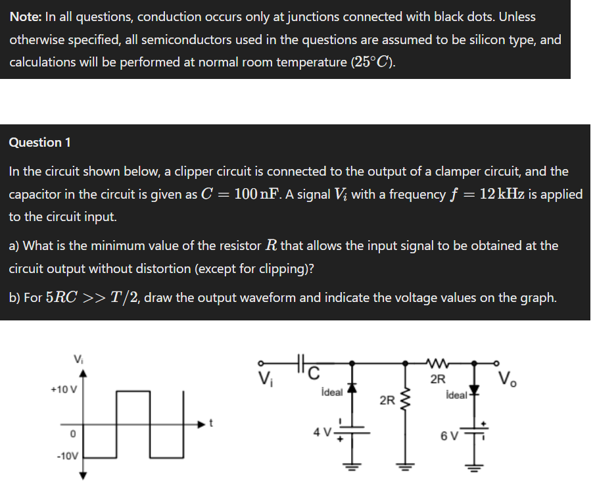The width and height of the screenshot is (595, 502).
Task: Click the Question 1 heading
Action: click(x=39, y=142)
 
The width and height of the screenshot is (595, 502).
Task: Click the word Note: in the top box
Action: click(x=26, y=16)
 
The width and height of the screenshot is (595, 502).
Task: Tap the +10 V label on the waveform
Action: click(x=64, y=389)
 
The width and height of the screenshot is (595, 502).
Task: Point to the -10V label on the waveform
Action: click(x=67, y=456)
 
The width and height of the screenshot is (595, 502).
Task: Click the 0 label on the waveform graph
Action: click(x=73, y=434)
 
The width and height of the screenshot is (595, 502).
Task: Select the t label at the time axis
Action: click(x=211, y=423)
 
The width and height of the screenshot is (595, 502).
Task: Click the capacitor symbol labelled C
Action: click(x=301, y=363)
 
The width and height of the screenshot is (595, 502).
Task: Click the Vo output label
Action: click(x=508, y=378)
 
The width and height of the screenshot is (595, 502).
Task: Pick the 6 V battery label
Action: click(x=449, y=436)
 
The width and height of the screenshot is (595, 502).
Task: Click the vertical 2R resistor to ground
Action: click(x=405, y=401)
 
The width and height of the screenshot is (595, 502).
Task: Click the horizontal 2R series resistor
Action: click(x=438, y=363)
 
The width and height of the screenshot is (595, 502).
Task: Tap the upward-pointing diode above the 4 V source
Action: click(x=352, y=388)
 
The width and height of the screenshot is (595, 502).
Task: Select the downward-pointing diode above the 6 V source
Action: click(x=474, y=390)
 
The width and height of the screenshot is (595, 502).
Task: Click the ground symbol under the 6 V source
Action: click(x=474, y=467)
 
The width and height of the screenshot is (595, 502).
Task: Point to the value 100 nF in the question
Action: click(x=258, y=194)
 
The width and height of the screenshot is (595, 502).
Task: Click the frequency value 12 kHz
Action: click(x=502, y=194)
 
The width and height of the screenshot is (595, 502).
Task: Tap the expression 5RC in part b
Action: click(x=62, y=297)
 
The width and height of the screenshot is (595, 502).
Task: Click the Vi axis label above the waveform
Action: click(x=78, y=359)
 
